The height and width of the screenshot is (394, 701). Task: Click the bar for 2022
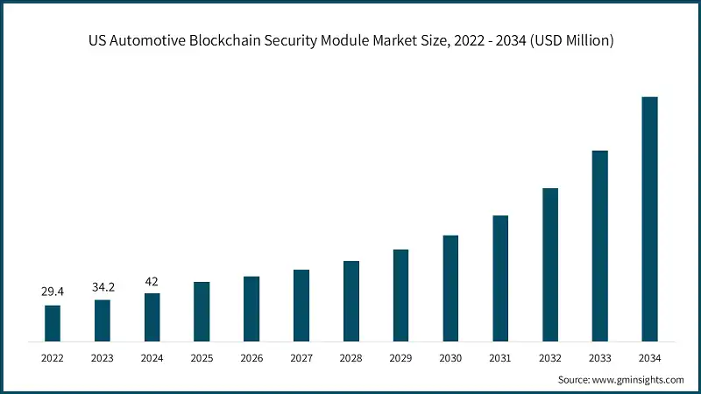pyautogui.click(x=53, y=323)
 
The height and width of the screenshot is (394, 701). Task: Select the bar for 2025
pyautogui.click(x=202, y=312)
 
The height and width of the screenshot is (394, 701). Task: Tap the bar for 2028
pyautogui.click(x=351, y=301)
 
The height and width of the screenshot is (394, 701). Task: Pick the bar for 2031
pyautogui.click(x=500, y=278)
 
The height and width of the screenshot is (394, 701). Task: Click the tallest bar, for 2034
pyautogui.click(x=649, y=219)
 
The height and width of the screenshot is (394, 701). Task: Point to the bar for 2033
pyautogui.click(x=599, y=246)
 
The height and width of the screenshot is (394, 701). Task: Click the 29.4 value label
pyautogui.click(x=53, y=292)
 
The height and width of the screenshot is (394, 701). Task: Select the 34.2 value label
pyautogui.click(x=103, y=286)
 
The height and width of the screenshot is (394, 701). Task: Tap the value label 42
pyautogui.click(x=152, y=280)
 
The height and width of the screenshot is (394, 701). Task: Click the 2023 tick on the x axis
pyautogui.click(x=103, y=357)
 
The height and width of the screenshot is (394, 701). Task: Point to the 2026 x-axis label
pyautogui.click(x=251, y=357)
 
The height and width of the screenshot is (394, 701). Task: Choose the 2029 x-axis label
pyautogui.click(x=400, y=357)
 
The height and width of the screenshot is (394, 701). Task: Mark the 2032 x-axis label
pyautogui.click(x=549, y=357)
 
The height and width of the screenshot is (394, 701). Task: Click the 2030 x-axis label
pyautogui.click(x=450, y=357)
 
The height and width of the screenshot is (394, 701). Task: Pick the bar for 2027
pyautogui.click(x=301, y=306)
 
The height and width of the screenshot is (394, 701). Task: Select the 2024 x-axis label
pyautogui.click(x=152, y=357)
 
